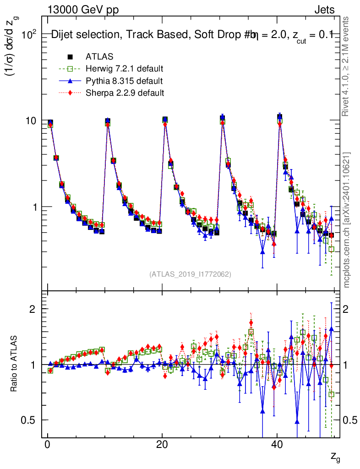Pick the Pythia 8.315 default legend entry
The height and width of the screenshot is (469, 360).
pyautogui.click(x=124, y=81)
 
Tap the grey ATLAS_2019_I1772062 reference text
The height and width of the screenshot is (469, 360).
pyautogui.click(x=190, y=274)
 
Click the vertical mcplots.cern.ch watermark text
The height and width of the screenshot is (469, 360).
pyautogui.click(x=347, y=219)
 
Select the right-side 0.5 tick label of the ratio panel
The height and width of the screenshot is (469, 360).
pyautogui.click(x=350, y=420)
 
